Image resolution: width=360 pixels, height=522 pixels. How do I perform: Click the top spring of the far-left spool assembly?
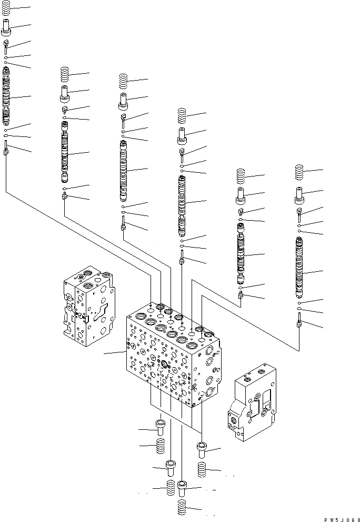tap(6, 8)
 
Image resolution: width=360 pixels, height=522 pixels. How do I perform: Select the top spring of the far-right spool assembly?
tap(300, 172)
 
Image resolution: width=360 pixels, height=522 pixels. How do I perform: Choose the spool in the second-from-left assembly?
tap(65, 153)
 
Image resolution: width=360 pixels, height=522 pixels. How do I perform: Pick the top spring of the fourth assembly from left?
tap(182, 115)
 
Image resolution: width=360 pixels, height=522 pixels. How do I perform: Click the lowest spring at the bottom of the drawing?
tap(182, 508)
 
